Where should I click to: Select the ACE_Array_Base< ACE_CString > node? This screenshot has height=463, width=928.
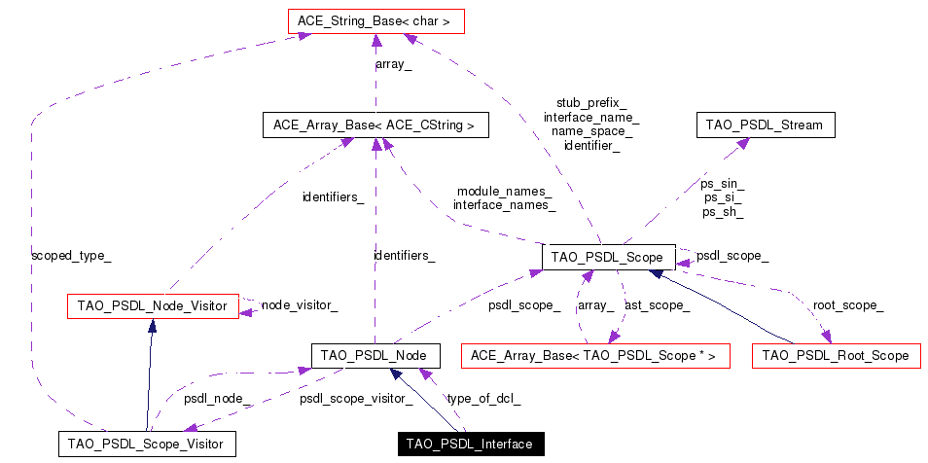(x=375, y=125)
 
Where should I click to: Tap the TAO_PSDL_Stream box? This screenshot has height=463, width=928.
(x=765, y=125)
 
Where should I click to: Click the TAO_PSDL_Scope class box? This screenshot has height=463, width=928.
(x=608, y=257)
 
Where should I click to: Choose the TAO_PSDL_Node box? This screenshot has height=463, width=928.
(x=375, y=356)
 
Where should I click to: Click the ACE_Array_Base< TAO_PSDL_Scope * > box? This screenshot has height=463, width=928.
(x=593, y=356)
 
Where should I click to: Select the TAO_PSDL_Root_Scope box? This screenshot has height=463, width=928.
(x=836, y=356)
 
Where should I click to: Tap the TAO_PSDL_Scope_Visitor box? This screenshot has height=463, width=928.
(x=146, y=445)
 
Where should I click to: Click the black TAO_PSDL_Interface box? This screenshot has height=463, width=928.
(x=470, y=445)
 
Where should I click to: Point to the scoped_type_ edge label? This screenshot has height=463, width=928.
(x=71, y=256)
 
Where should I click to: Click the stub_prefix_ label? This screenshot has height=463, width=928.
(x=591, y=102)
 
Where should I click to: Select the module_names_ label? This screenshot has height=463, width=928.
(x=504, y=192)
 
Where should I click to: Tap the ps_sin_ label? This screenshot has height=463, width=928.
(x=723, y=183)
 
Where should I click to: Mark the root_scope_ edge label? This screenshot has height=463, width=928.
(x=847, y=305)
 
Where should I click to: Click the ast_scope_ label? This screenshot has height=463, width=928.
(x=658, y=305)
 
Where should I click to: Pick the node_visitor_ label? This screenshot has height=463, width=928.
(x=300, y=305)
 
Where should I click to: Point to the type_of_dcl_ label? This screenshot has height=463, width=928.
(x=483, y=398)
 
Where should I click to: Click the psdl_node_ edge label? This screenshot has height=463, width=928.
(x=212, y=398)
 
